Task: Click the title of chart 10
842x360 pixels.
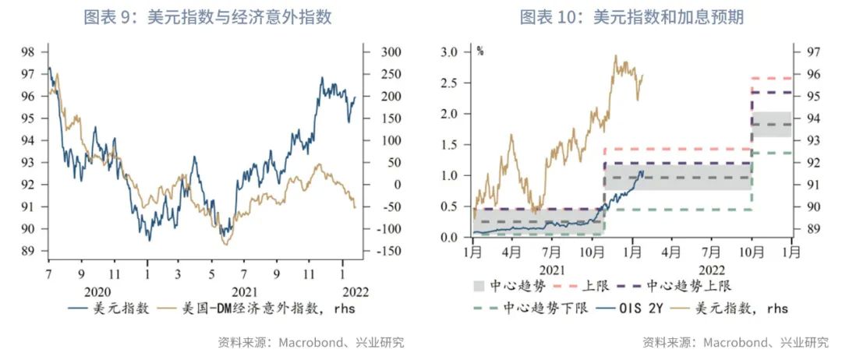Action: coord(631,16)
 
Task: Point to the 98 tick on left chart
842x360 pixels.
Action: coord(28,52)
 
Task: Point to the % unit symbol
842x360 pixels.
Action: coord(480,52)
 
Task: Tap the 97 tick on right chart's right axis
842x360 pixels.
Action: coord(805,52)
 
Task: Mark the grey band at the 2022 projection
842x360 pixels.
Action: coord(771,124)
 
